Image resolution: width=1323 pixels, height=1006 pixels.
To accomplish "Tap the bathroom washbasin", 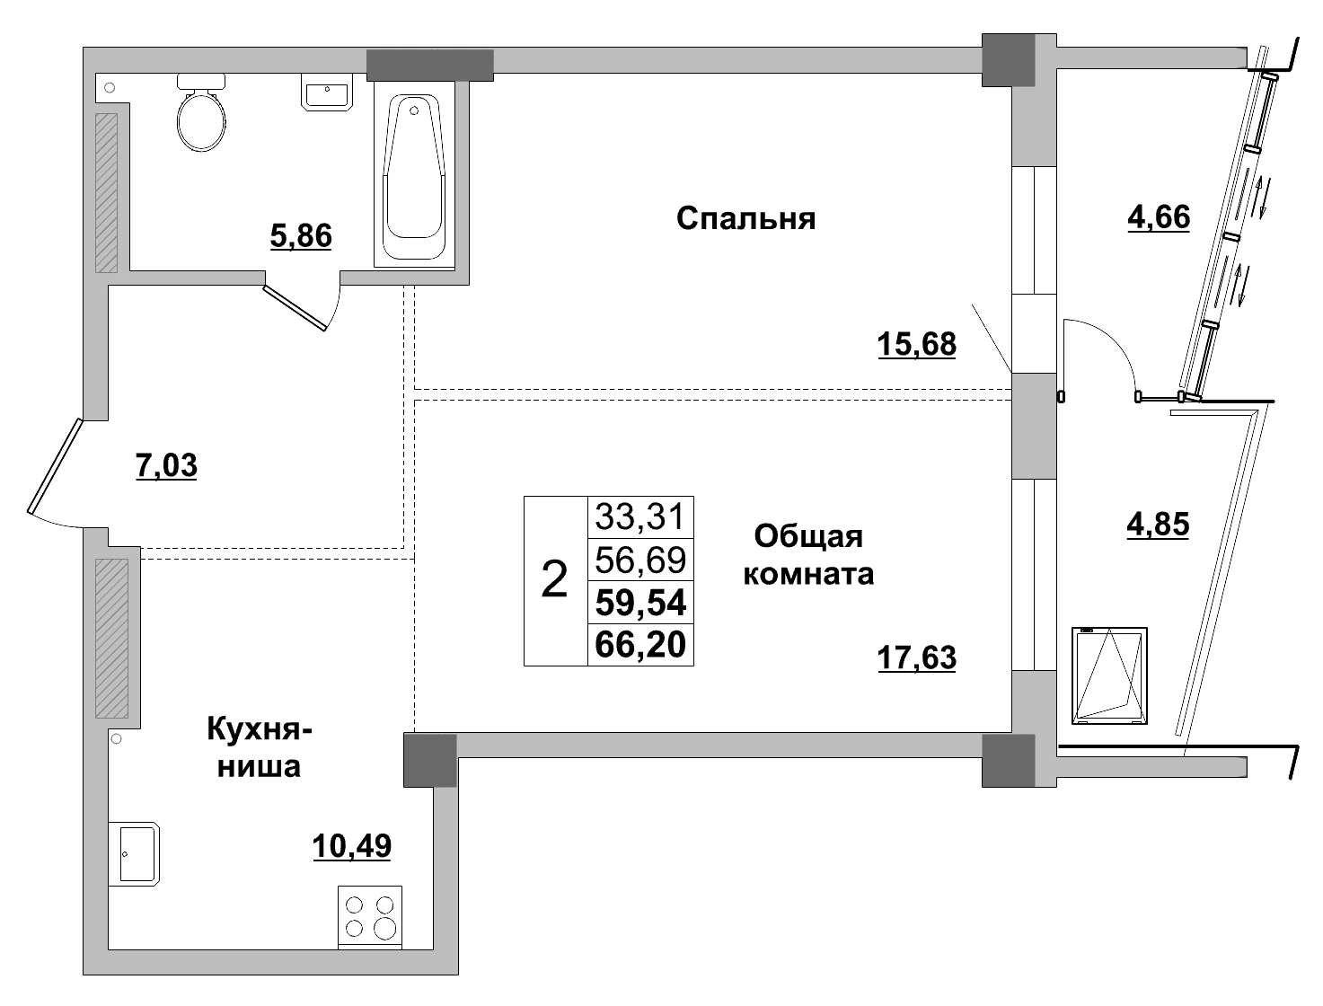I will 327,93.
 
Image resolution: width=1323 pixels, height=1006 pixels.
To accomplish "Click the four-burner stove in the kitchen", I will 370,916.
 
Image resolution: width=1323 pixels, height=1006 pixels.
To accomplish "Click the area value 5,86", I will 301,235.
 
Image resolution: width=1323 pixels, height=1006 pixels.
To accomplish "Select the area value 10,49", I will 352,845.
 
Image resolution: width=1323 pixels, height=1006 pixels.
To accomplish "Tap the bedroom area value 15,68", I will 916,343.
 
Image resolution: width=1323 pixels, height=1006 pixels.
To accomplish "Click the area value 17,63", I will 916,657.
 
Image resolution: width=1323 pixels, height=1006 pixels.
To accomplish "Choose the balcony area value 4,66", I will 1159,216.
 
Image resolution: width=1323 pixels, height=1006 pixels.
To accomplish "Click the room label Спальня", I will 745,218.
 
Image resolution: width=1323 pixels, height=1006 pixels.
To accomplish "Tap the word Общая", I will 808,536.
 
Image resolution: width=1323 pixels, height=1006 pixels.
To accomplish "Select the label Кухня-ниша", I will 260,746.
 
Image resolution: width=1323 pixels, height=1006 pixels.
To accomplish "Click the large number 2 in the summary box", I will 555,580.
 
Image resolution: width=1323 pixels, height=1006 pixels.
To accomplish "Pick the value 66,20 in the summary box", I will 640,644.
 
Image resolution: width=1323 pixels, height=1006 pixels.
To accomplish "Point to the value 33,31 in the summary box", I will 640,516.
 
